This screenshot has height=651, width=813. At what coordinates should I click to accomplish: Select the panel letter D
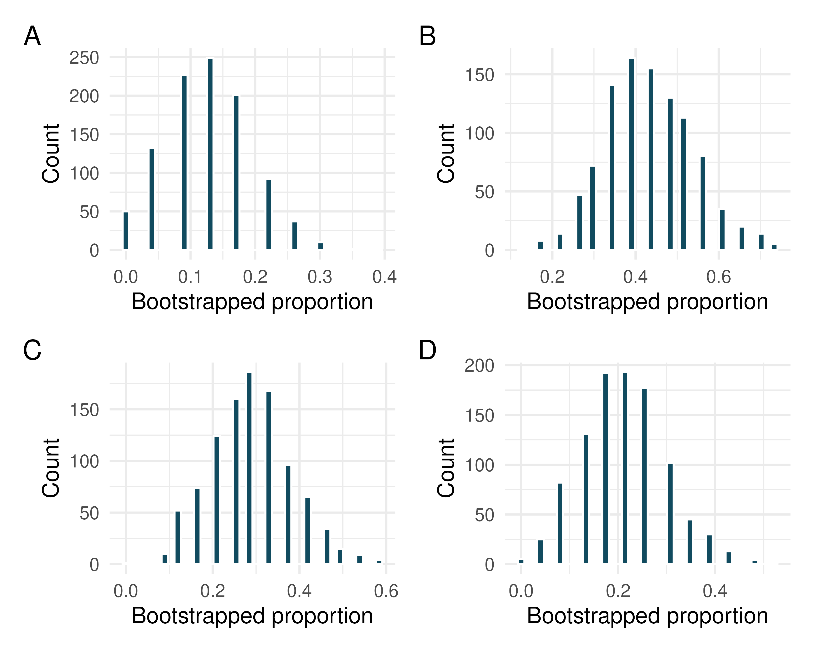(x=428, y=350)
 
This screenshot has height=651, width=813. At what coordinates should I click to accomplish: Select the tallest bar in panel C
(x=249, y=468)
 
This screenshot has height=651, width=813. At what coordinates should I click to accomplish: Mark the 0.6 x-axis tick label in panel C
(x=386, y=591)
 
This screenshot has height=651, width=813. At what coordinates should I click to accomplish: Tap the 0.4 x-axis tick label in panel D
(x=715, y=591)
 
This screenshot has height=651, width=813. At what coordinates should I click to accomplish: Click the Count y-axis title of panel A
(x=51, y=154)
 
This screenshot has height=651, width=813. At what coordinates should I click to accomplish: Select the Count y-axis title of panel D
(x=446, y=468)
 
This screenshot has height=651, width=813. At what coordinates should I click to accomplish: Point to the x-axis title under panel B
(x=647, y=302)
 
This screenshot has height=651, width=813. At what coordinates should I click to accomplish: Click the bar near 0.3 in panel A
(x=320, y=246)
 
